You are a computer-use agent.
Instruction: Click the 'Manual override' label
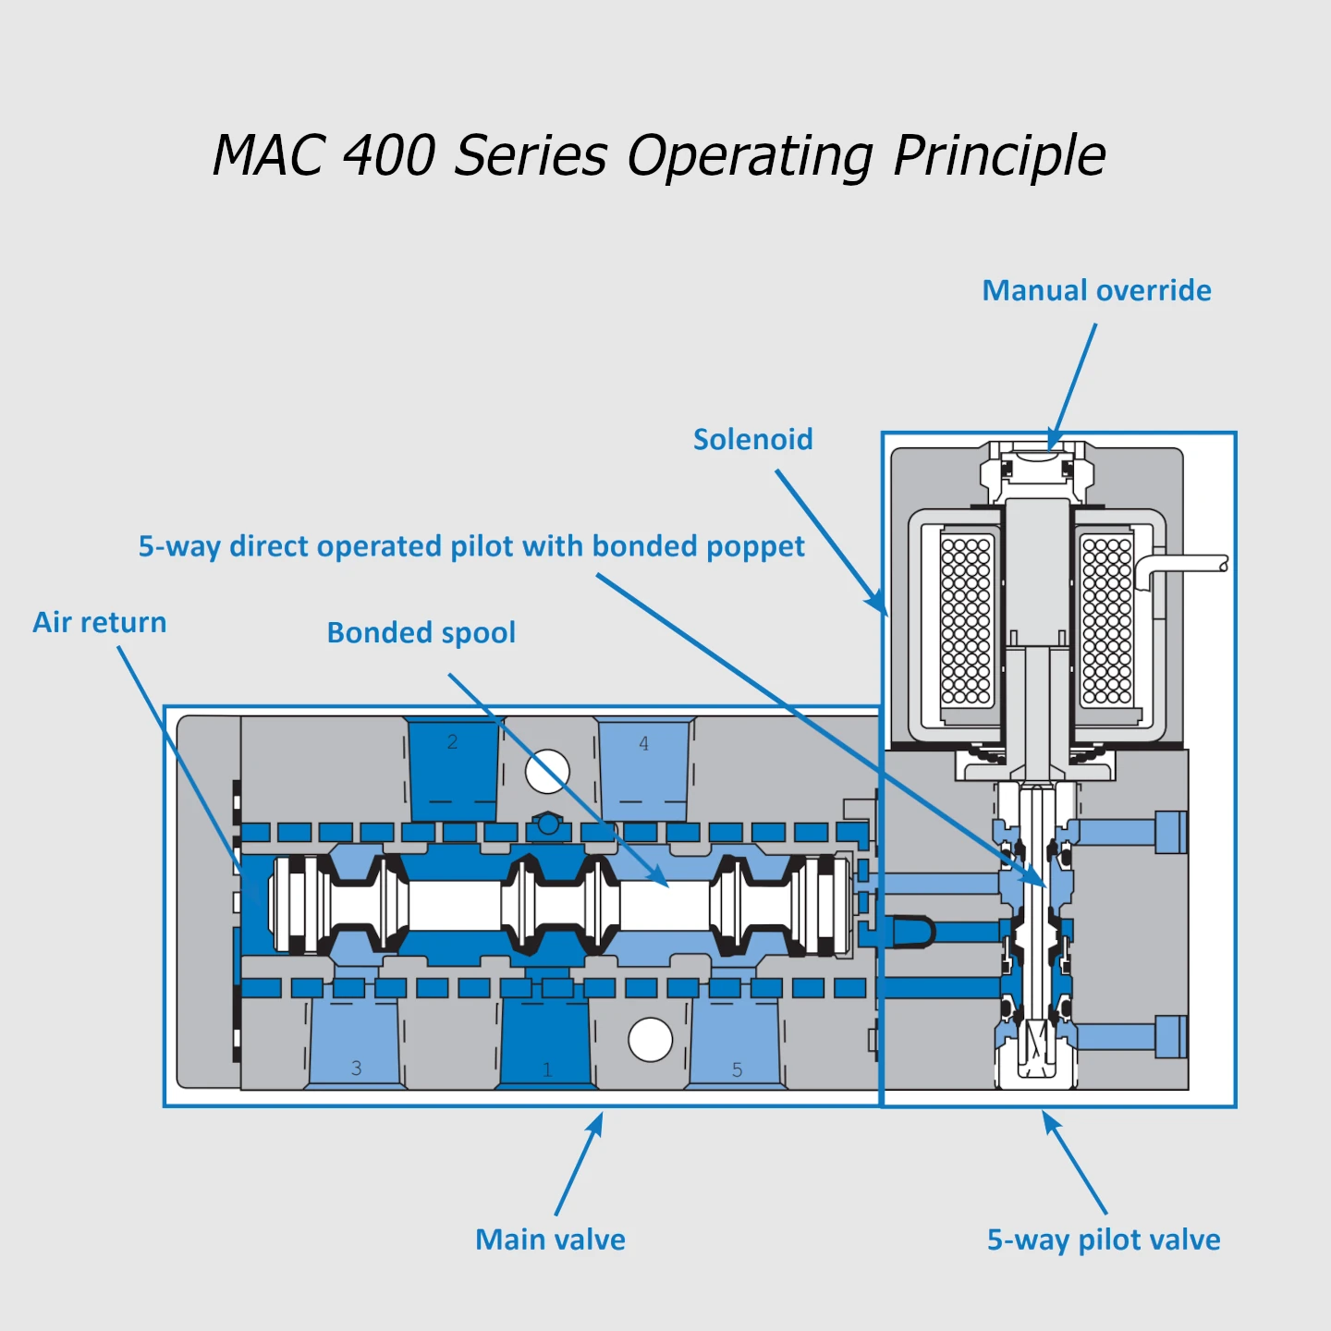(1096, 290)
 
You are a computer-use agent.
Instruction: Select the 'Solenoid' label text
(752, 439)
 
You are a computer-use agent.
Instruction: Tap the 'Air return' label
(100, 622)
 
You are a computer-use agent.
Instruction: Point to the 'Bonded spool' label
(421, 633)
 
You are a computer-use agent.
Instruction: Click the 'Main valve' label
(550, 1239)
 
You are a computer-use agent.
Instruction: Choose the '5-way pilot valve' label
(1104, 1239)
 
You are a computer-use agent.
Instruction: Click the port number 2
(452, 741)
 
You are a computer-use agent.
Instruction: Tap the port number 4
(644, 743)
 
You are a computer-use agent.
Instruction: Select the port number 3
(356, 1068)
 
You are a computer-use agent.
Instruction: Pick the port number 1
(547, 1069)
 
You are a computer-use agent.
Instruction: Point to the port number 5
(737, 1069)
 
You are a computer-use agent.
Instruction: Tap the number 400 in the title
(388, 154)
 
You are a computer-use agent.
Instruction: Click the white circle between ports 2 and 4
(547, 771)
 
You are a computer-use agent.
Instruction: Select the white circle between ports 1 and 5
(650, 1040)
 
